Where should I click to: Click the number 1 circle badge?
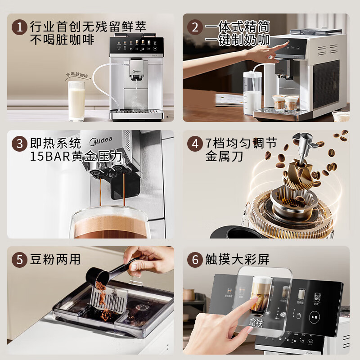point(19,27)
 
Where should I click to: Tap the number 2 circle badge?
point(195,27)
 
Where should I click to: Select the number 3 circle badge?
point(19,144)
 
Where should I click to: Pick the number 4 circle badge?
point(195,144)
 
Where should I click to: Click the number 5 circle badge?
point(19,260)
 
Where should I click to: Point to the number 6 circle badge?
point(195,260)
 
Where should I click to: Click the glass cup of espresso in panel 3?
point(110,223)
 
